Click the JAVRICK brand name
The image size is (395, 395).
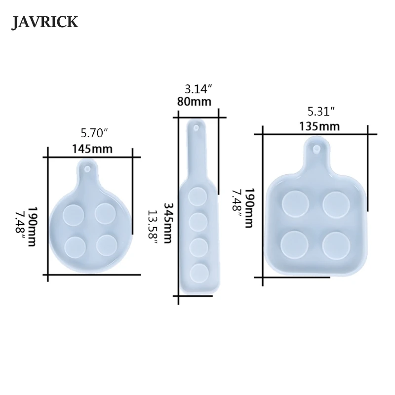pos(45,23)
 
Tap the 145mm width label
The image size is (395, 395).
pos(92,148)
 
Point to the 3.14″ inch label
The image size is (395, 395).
pos(198,89)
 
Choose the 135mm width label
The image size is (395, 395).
pos(319,126)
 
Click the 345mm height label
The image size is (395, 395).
pos(168,222)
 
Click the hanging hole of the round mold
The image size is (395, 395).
pos(88,170)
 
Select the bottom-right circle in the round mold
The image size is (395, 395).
pos(107,243)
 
